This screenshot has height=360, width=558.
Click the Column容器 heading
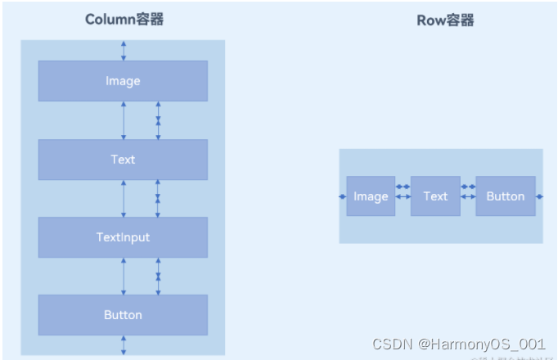pyautogui.click(x=124, y=20)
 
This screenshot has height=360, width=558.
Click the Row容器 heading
pyautogui.click(x=445, y=20)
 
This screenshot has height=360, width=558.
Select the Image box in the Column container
pyautogui.click(x=123, y=81)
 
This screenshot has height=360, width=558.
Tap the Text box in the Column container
pyautogui.click(x=123, y=160)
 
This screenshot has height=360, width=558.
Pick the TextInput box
pyautogui.click(x=123, y=237)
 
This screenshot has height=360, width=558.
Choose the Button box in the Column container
pyautogui.click(x=123, y=315)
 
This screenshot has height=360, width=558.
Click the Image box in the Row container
pyautogui.click(x=371, y=196)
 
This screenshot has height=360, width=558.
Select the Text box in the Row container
pyautogui.click(x=435, y=196)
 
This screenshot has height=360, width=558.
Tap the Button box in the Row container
pyautogui.click(x=506, y=196)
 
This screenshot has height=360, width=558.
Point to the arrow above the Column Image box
pyautogui.click(x=124, y=50)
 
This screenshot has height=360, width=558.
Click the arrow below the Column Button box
pyautogui.click(x=124, y=344)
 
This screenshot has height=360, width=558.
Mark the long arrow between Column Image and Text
pyautogui.click(x=124, y=119)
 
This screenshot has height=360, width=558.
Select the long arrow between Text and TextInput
pyautogui.click(x=124, y=198)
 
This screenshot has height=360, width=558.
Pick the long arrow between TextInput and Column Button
pyautogui.click(x=124, y=276)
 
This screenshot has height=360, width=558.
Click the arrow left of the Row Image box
pyautogui.click(x=343, y=196)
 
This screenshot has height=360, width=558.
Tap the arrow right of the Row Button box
pyautogui.click(x=539, y=196)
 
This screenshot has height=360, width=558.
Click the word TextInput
pyautogui.click(x=123, y=237)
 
